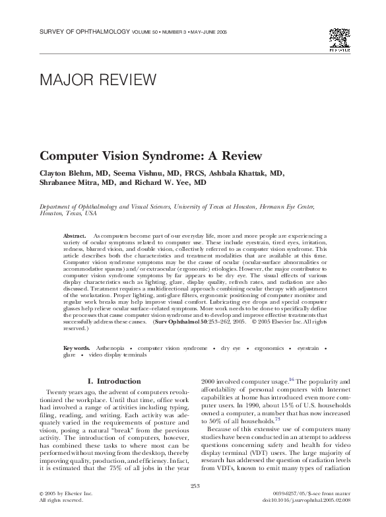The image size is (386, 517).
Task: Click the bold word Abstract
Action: coord(74,235)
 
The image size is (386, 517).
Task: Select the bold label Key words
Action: coord(77,347)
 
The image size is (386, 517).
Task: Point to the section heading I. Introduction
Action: coord(114,381)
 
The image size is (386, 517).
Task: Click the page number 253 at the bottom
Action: coord(193,486)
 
